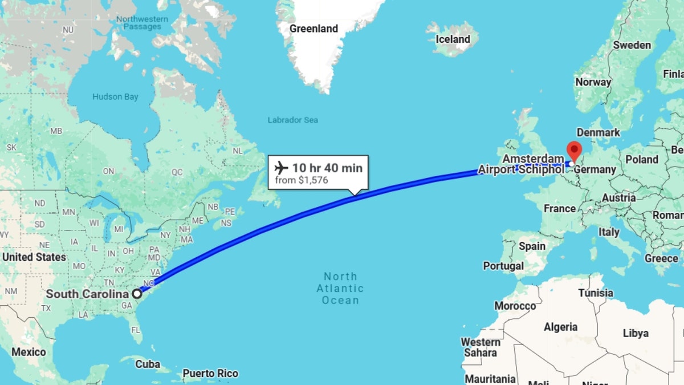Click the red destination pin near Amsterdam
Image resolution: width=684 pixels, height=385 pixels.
pyautogui.click(x=573, y=150)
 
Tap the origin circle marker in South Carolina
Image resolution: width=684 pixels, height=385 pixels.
pyautogui.click(x=137, y=294)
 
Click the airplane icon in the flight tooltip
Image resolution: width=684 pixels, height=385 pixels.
pyautogui.click(x=281, y=168)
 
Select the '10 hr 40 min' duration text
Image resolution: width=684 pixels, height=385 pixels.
pyautogui.click(x=327, y=168)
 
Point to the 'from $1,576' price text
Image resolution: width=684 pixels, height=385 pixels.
pyautogui.click(x=302, y=180)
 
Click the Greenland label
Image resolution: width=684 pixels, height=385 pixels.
pyautogui.click(x=313, y=29)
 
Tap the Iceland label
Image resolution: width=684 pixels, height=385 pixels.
pyautogui.click(x=453, y=39)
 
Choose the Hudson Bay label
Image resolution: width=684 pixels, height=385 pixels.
pyautogui.click(x=115, y=97)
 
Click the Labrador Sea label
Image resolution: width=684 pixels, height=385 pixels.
pyautogui.click(x=293, y=120)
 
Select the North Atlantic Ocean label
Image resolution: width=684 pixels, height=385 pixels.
pyautogui.click(x=340, y=288)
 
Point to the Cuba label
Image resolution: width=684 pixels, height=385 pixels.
pyautogui.click(x=148, y=364)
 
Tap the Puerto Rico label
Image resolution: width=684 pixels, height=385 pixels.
pyautogui.click(x=210, y=374)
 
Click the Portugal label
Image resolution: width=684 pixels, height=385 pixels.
pyautogui.click(x=503, y=266)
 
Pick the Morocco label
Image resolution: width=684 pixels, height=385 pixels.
pyautogui.click(x=515, y=306)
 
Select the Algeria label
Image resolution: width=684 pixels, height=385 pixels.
pyautogui.click(x=561, y=327)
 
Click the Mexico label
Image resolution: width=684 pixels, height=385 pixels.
pyautogui.click(x=28, y=352)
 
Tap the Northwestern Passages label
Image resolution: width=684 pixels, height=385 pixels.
pyautogui.click(x=142, y=23)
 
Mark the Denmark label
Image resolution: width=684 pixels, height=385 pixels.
pyautogui.click(x=598, y=132)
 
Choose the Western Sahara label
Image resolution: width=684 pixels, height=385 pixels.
pyautogui.click(x=481, y=347)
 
